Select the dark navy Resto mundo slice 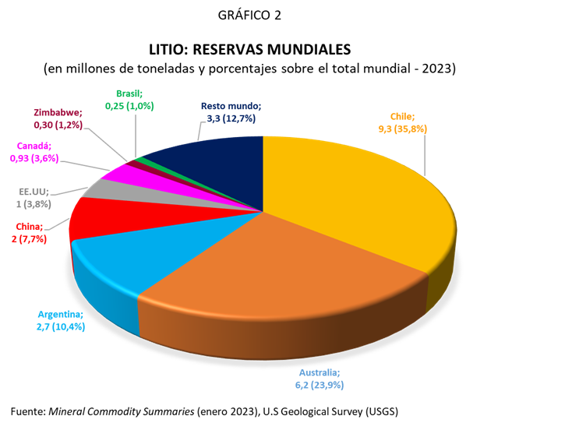[x=210, y=160]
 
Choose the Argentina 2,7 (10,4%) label [x=61, y=321]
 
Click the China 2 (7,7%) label [x=31, y=233]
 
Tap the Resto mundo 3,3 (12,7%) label [x=229, y=112]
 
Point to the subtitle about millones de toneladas [x=250, y=68]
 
